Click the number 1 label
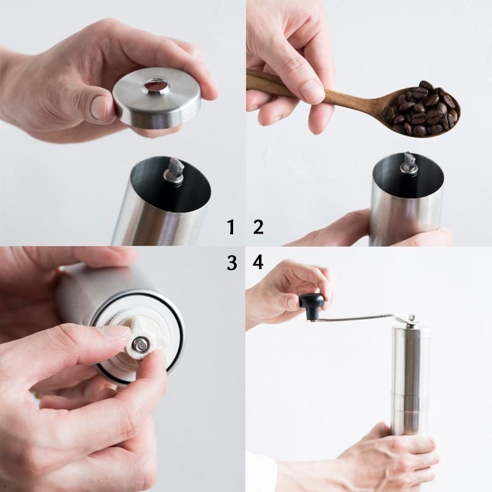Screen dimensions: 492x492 [231, 228]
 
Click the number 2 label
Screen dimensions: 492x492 [258, 228]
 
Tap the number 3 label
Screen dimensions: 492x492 [232, 263]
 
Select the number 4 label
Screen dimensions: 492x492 [258, 263]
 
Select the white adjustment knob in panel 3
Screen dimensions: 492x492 [144, 342]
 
